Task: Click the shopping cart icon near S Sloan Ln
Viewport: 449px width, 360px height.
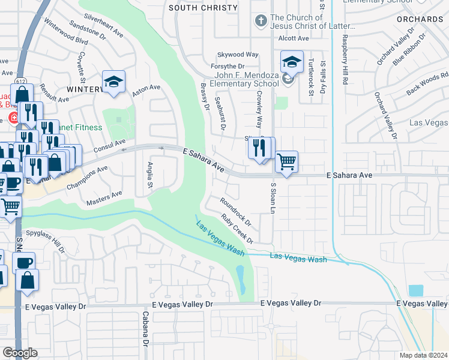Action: pos(287,161)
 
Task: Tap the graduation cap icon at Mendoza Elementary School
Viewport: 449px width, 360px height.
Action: pos(292,62)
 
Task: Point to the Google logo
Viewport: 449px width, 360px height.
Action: pos(20,353)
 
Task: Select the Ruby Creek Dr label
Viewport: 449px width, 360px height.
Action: pos(237,229)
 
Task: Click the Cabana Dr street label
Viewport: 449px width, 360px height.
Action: pos(145,329)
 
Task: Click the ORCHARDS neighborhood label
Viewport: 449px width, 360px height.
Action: pos(420,19)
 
